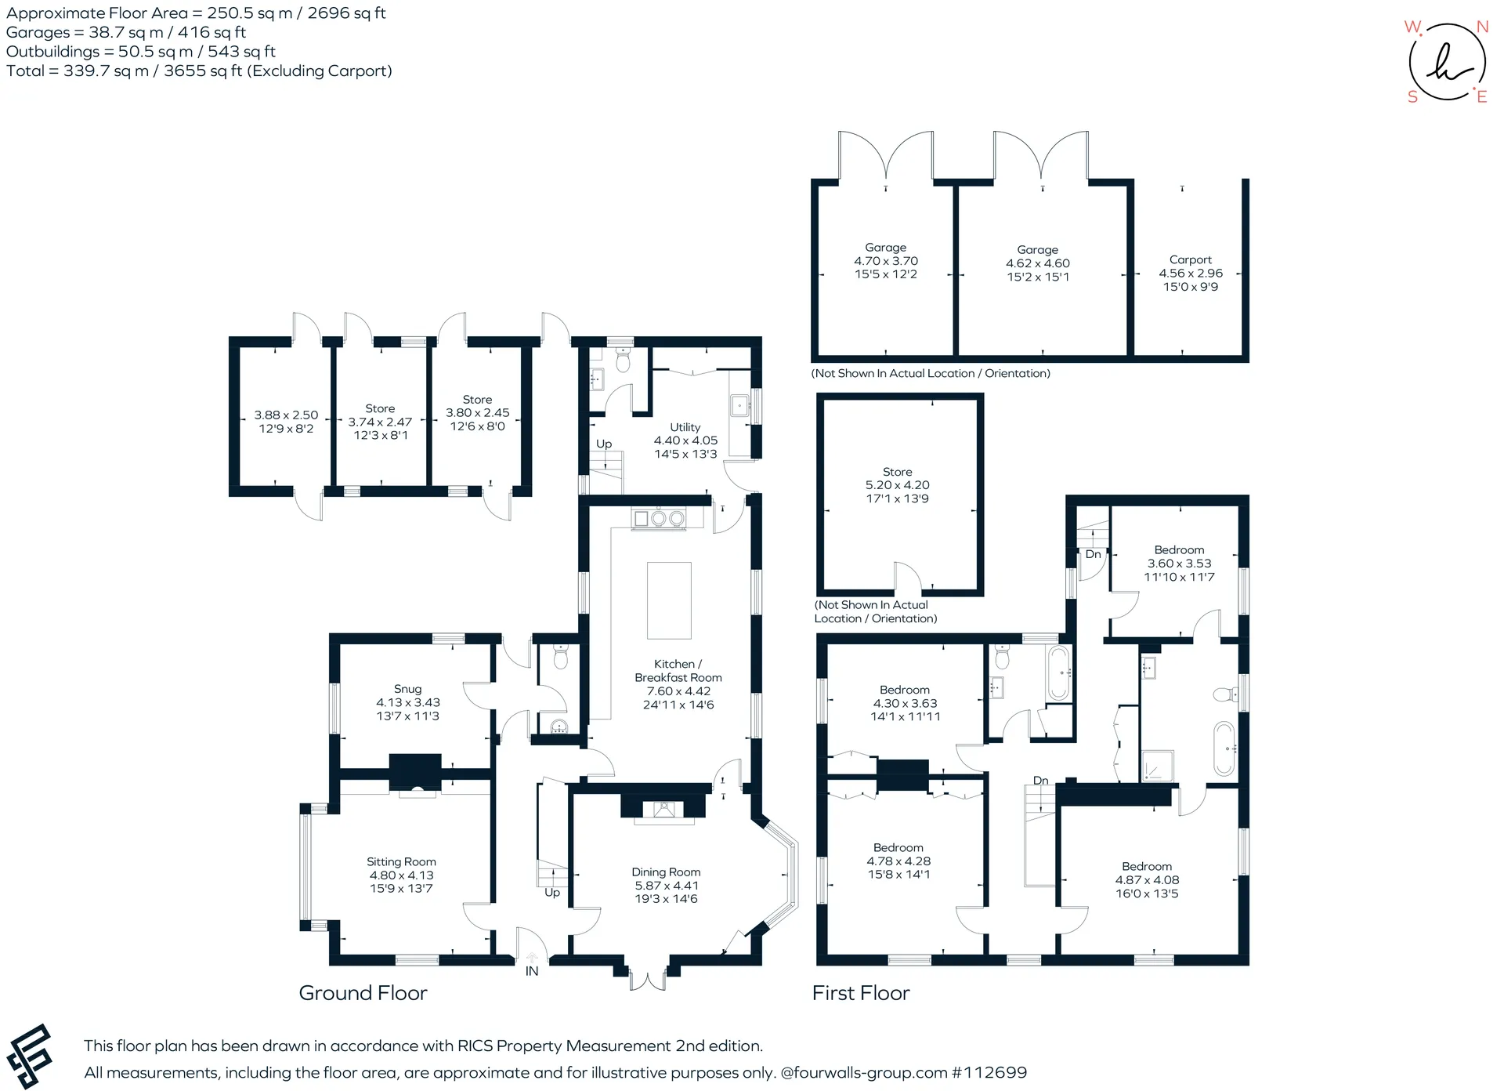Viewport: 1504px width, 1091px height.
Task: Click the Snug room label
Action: pyautogui.click(x=407, y=689)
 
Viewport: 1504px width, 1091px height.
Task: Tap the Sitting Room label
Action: pyautogui.click(x=401, y=861)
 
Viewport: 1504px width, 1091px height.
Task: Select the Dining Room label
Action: pyautogui.click(x=666, y=872)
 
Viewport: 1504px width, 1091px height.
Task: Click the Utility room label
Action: pyautogui.click(x=685, y=427)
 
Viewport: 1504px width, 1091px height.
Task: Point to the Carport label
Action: pyautogui.click(x=1190, y=259)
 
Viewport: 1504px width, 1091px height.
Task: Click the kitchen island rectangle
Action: pyautogui.click(x=669, y=600)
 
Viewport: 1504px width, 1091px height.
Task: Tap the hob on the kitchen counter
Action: pyautogui.click(x=659, y=518)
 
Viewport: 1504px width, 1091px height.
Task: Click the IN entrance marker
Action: pyautogui.click(x=532, y=971)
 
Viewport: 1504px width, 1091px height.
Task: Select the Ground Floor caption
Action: pyautogui.click(x=363, y=993)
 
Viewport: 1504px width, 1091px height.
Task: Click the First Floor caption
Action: pyautogui.click(x=861, y=993)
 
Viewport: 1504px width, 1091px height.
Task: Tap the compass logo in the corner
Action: pyautogui.click(x=1447, y=62)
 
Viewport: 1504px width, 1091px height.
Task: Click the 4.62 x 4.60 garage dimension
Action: pyautogui.click(x=1038, y=263)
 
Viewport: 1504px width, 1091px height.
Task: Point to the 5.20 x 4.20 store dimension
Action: pyautogui.click(x=898, y=485)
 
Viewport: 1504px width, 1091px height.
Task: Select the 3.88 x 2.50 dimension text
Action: pyautogui.click(x=286, y=415)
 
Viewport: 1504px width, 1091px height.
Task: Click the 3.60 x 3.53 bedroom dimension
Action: pyautogui.click(x=1179, y=564)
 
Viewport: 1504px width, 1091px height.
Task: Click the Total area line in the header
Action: pyautogui.click(x=199, y=71)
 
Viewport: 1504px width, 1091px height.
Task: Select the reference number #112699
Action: pyautogui.click(x=988, y=1072)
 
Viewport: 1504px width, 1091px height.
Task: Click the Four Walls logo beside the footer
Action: pyautogui.click(x=29, y=1056)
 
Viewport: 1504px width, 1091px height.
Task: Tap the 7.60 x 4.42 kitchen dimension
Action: pyautogui.click(x=678, y=691)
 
